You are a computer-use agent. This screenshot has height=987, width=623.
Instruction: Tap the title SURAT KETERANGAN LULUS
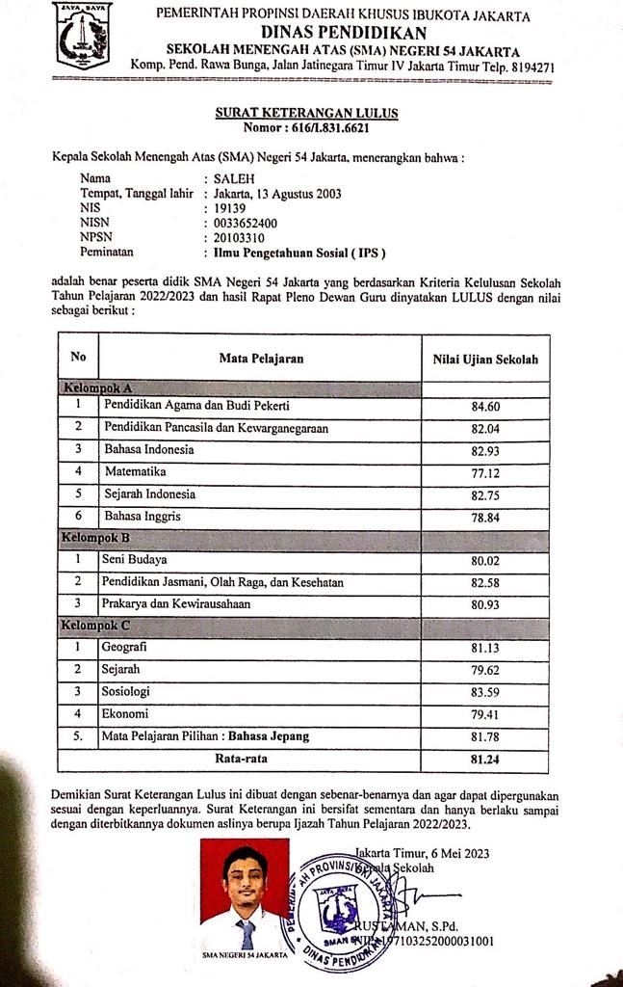tap(306, 113)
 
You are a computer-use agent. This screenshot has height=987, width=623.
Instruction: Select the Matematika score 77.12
tap(485, 473)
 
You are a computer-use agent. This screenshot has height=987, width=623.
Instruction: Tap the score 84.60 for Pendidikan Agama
tap(485, 406)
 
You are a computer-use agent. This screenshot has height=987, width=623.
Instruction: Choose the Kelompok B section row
tap(95, 537)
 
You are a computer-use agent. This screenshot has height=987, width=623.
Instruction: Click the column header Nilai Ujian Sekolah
tap(484, 360)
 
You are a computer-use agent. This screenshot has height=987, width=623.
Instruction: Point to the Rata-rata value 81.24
tap(484, 760)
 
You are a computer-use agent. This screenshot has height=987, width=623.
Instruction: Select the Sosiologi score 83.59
tap(485, 693)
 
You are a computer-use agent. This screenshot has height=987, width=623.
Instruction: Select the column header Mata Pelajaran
tap(261, 359)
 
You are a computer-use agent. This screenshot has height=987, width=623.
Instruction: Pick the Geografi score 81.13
tap(485, 649)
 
